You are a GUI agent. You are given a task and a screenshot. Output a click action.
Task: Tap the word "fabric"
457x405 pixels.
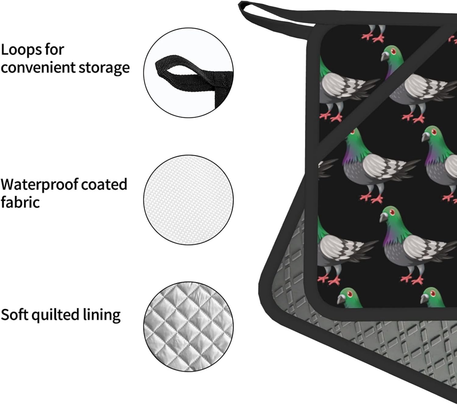(20, 202)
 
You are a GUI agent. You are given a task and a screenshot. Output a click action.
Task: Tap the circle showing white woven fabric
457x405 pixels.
(189, 200)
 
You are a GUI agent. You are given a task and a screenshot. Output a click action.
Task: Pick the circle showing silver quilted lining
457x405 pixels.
(189, 326)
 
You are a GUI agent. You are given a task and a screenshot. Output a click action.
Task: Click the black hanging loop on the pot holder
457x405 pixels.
(268, 15)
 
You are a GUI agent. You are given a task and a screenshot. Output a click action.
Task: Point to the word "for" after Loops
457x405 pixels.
(55, 50)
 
